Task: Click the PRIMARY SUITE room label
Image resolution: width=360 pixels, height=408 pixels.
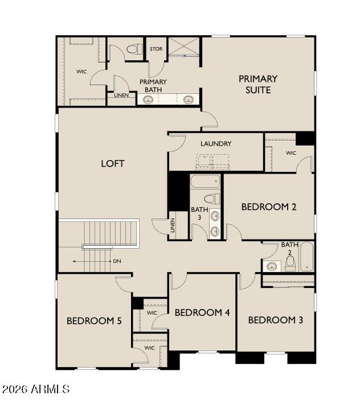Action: (258, 84)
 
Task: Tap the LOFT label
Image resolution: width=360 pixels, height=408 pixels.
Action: (113, 163)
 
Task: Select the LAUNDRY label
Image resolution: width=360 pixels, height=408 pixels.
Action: (216, 143)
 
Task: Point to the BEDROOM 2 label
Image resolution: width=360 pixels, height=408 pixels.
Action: (269, 207)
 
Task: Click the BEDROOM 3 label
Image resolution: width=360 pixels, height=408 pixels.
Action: (275, 320)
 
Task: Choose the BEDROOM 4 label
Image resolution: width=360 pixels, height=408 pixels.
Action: (202, 312)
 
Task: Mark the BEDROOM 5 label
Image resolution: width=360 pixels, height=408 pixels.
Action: (94, 321)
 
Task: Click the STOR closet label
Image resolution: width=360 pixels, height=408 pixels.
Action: (156, 49)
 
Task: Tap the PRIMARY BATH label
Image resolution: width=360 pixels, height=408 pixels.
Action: (153, 86)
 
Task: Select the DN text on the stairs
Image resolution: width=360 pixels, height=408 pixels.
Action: (117, 261)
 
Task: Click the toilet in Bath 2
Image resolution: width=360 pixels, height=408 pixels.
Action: (290, 262)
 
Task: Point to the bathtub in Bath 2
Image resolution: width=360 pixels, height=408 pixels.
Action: (306, 257)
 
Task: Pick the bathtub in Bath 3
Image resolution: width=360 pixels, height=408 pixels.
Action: (205, 182)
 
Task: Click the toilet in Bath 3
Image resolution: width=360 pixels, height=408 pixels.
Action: (212, 199)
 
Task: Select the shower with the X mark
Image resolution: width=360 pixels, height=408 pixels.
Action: (183, 47)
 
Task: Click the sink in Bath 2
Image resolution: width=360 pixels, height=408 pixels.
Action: (272, 266)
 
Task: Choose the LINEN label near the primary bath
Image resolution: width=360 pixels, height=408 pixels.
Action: (121, 95)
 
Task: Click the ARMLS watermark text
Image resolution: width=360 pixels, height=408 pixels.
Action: (35, 390)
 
